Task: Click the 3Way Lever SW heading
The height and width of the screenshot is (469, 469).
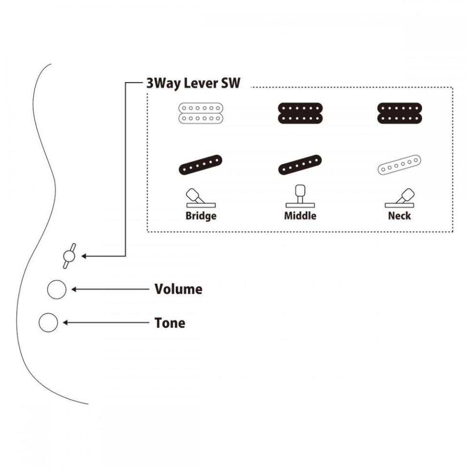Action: coord(193,83)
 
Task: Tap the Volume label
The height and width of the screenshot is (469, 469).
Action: coord(178,289)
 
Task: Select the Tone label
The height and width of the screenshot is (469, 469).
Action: coord(170,323)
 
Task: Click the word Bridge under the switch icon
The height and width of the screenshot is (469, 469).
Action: coord(201,215)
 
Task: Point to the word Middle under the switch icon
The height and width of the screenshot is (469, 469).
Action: coord(300,215)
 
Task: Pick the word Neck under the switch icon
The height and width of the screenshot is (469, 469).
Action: coord(399,215)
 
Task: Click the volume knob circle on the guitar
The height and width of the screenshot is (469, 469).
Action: coord(57,290)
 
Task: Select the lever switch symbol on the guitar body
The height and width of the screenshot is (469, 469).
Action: coord(69,256)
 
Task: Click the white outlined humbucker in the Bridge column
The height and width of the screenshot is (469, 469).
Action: coord(201,113)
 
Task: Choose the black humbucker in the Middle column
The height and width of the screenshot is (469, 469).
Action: coord(300,113)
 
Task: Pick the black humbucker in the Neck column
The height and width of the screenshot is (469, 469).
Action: coord(399,113)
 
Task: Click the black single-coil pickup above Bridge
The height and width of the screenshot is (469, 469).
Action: coord(201,165)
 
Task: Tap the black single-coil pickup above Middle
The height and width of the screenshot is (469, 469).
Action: coord(300,165)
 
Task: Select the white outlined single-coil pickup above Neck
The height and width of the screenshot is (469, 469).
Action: coord(399,165)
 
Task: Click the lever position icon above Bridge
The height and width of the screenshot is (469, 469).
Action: coord(200,197)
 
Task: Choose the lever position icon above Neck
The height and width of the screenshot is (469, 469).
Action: coord(401,197)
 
